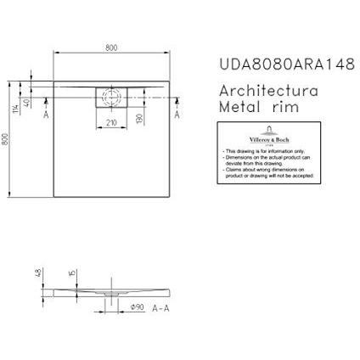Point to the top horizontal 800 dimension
tap(111, 48)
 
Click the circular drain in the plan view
tap(110, 96)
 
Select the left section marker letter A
tap(46, 113)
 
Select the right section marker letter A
tap(177, 113)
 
